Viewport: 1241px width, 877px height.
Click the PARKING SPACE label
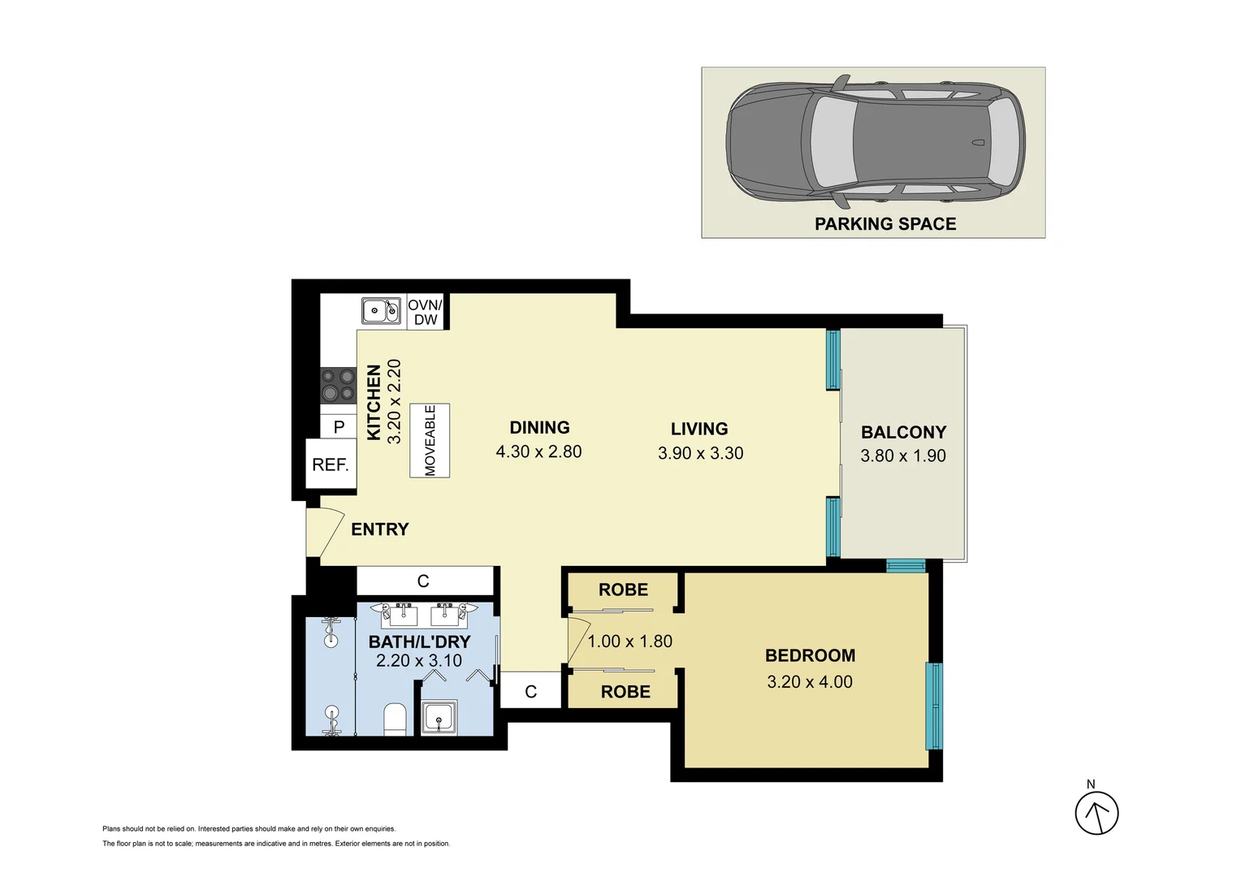click(x=885, y=224)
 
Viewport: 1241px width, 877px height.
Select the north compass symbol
click(x=1096, y=812)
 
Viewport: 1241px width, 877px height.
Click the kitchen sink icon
click(x=380, y=310)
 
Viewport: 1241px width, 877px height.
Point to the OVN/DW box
click(x=426, y=312)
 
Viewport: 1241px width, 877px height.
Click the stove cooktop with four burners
click(x=338, y=386)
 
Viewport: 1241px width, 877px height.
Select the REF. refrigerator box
click(x=331, y=464)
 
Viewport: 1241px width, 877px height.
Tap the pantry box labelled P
click(x=339, y=426)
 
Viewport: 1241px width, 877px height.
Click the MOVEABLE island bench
click(x=430, y=440)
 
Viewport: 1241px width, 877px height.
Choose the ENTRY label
click(x=379, y=529)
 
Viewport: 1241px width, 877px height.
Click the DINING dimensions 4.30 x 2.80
click(x=538, y=451)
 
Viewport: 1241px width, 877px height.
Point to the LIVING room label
click(x=699, y=429)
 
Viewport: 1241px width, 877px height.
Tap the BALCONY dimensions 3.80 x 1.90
click(x=903, y=456)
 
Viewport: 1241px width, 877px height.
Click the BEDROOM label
click(x=810, y=655)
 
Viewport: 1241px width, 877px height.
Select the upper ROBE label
click(x=623, y=590)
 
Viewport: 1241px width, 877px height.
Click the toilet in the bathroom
click(x=395, y=719)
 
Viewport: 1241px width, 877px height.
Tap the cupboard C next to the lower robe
click(x=530, y=692)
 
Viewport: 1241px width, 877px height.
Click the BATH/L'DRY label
click(x=419, y=642)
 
